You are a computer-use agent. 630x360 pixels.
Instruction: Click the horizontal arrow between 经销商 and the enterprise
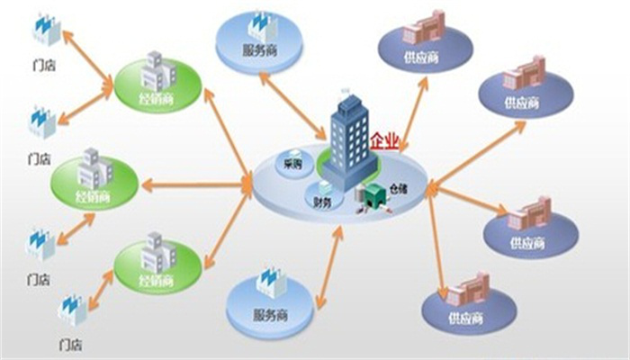point(195,186)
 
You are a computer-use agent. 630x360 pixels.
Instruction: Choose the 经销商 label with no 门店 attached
point(96,195)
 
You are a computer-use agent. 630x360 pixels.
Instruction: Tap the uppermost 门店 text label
point(40,64)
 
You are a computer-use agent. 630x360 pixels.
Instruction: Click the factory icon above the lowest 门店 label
point(72,310)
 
